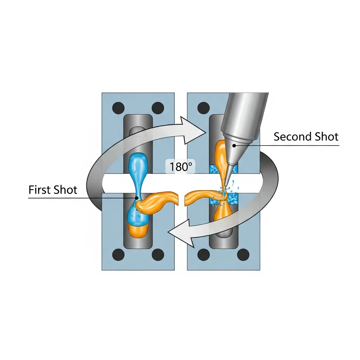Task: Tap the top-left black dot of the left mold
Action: (118, 107)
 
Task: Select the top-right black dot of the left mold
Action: (157, 107)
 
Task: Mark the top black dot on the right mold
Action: (204, 107)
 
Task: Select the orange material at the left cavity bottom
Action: (137, 231)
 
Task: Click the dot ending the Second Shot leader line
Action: (232, 144)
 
